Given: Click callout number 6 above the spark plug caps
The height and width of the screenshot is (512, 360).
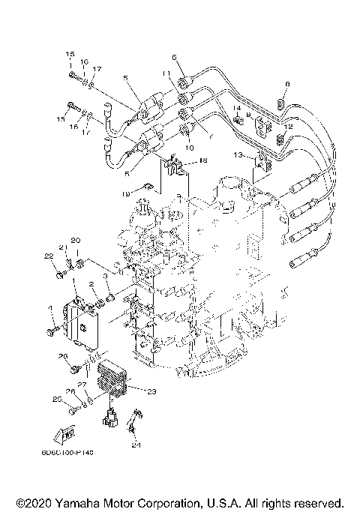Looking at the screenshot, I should (173, 58).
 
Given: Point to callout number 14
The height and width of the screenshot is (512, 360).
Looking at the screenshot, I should (236, 109).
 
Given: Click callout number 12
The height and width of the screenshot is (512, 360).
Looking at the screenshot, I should (288, 127).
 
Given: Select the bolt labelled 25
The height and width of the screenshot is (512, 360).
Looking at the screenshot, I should (72, 411).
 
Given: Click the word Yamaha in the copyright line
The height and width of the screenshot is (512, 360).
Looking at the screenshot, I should (91, 502).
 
